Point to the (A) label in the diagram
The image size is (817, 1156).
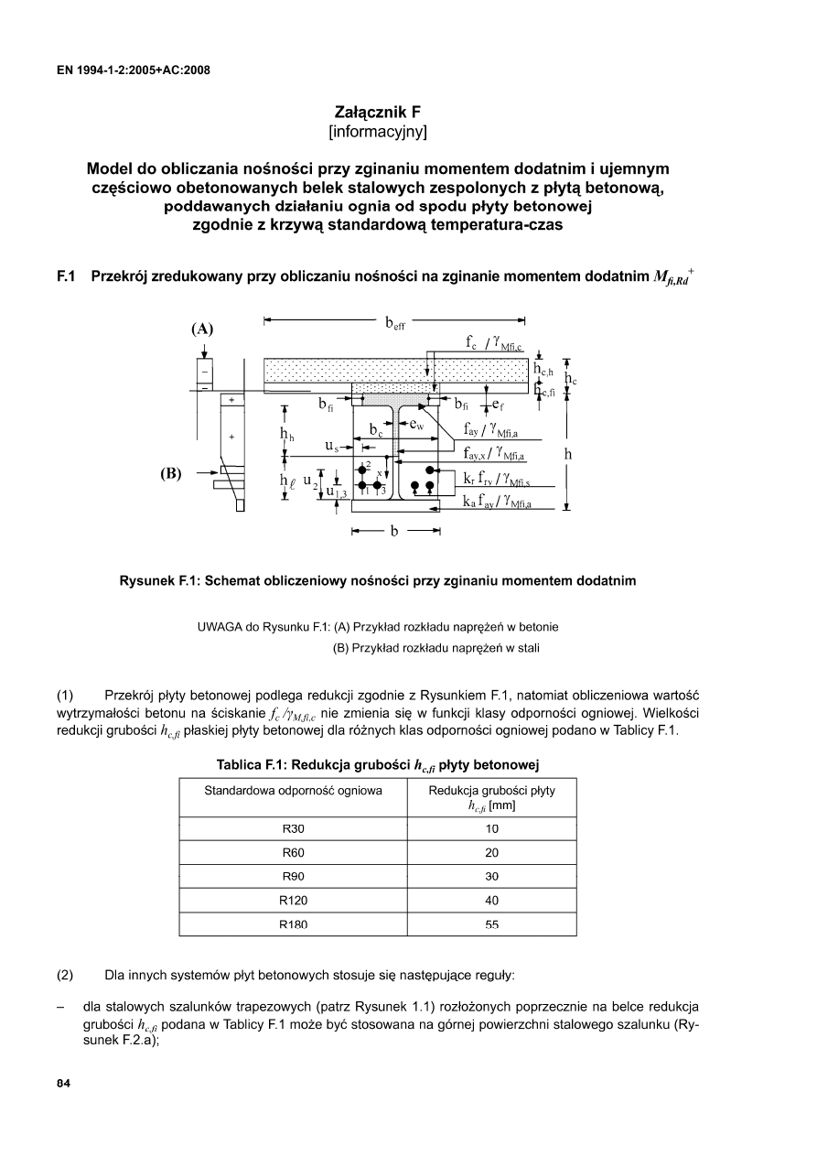tap(201, 330)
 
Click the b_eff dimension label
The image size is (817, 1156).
tap(395, 323)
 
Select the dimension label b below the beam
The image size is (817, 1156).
tap(395, 533)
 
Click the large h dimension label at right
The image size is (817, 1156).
tap(568, 453)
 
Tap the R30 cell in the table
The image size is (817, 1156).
tap(293, 828)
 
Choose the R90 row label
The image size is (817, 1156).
tap(293, 876)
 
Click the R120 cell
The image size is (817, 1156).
tap(293, 900)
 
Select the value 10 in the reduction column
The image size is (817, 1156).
tap(492, 828)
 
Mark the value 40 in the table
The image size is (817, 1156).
tap(492, 900)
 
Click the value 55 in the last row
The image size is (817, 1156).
tap(492, 924)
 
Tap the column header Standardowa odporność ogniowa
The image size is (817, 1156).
tap(293, 790)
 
